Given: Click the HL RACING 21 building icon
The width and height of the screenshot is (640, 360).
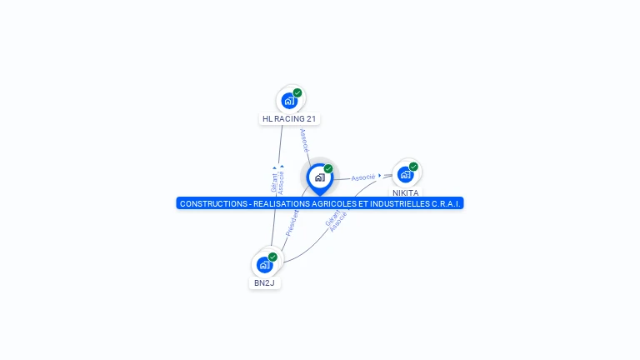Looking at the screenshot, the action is tap(289, 101).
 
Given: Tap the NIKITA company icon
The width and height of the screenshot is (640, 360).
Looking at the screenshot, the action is tap(405, 174).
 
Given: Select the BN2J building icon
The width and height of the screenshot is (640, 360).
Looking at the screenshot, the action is tap(264, 265).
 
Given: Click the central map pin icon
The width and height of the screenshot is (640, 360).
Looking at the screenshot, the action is tap(319, 177).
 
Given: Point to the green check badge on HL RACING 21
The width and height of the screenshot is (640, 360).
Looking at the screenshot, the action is tap(297, 92).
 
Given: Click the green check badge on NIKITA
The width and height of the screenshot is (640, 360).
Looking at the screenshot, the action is tap(413, 167).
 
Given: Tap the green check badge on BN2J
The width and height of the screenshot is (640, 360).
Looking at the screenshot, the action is tap(272, 257).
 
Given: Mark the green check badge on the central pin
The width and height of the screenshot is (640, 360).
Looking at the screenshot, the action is tap(328, 169).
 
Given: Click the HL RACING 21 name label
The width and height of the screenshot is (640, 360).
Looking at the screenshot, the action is tap(289, 119).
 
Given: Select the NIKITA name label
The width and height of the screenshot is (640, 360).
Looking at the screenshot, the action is tap(406, 192).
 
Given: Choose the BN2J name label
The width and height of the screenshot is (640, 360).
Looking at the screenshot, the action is tap(264, 283).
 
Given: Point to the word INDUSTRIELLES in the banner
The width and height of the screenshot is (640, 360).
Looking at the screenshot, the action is tap(394, 204).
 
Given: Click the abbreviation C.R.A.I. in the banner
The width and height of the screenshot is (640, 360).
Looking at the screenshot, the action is tap(447, 204).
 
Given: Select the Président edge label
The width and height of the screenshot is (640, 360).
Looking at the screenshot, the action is tap(292, 222).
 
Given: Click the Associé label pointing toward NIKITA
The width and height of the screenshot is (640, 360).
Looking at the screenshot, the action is tap(363, 177).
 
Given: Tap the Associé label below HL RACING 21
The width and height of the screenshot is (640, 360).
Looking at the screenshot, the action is tap(304, 139).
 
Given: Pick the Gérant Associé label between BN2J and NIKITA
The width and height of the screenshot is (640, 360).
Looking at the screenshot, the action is tap(335, 220).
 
